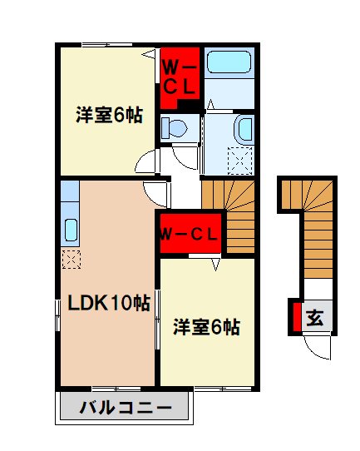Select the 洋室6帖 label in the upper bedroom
tap(107, 116)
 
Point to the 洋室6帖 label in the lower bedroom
tap(206, 326)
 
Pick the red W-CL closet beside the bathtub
tap(178, 76)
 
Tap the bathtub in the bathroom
tap(228, 63)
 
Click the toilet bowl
tap(175, 127)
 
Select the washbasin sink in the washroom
tap(244, 129)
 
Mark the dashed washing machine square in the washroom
tap(243, 161)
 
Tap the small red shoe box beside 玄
tap(295, 317)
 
